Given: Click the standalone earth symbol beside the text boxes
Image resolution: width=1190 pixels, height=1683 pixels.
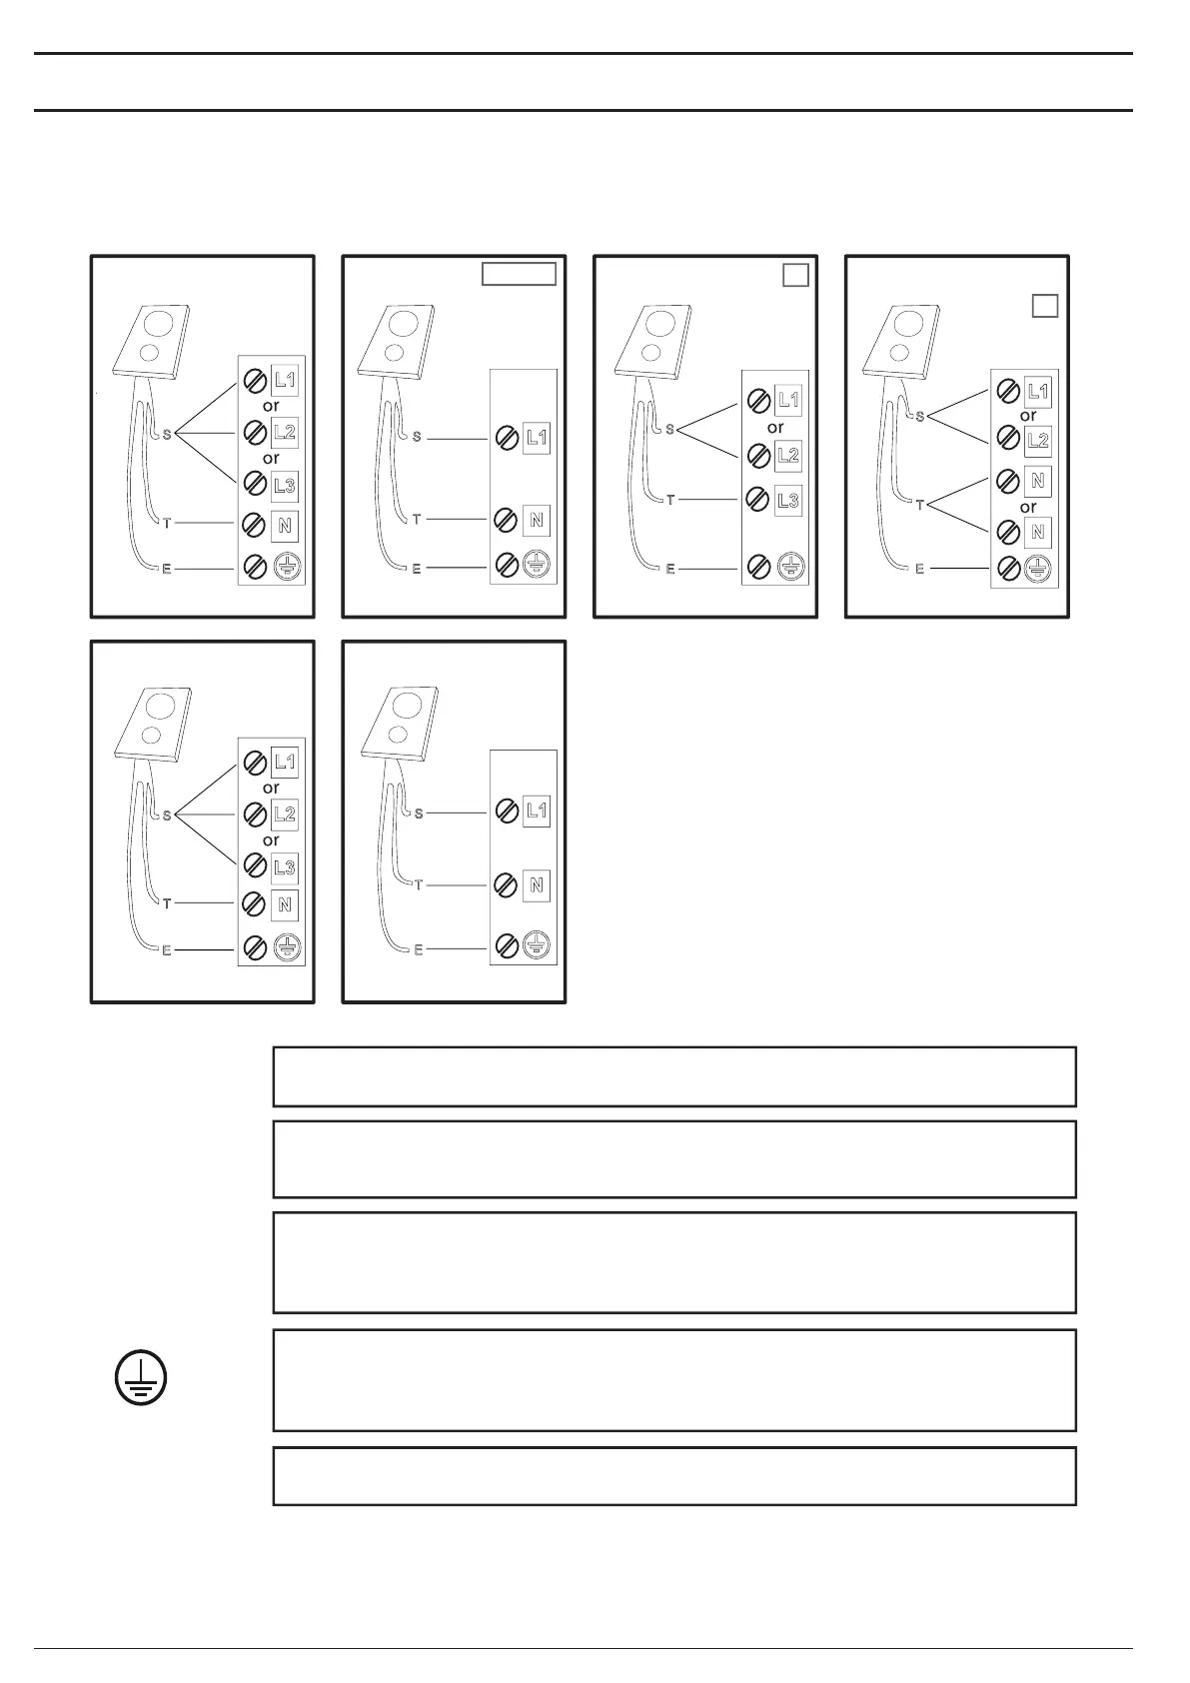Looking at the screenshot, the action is coord(140,1380).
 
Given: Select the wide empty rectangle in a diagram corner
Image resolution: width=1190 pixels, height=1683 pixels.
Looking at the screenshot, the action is coord(519,274).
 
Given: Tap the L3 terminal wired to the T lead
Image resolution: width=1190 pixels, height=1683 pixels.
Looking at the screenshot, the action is coord(788,500).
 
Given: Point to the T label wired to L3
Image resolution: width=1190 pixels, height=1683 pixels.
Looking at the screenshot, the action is coord(670,500).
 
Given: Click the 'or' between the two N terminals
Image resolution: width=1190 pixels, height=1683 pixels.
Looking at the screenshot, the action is coord(1028,507).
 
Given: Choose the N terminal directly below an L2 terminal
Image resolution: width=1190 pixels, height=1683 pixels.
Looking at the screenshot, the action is coord(1038,481).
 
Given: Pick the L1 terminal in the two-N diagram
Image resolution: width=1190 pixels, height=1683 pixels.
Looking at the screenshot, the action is coord(1038,392).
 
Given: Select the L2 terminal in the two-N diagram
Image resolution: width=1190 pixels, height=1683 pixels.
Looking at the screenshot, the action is coord(1038,440).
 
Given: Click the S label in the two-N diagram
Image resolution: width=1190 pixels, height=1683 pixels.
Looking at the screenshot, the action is coord(919,417).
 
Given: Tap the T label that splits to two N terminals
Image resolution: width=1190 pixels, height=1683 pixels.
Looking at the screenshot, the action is coord(919,506).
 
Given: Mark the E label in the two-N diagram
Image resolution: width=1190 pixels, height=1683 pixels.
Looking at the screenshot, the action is coord(919,569).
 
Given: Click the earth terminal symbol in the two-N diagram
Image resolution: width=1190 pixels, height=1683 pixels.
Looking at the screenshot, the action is coord(1038,569).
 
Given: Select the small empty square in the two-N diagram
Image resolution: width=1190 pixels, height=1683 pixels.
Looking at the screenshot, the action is coord(1044,306).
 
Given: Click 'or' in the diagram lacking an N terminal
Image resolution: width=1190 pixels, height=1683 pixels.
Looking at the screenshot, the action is coord(775,428).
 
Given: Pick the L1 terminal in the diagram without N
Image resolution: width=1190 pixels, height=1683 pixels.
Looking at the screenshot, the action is coord(788,401).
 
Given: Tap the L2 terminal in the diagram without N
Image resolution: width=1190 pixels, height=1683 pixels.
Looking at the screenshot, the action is coord(788,455).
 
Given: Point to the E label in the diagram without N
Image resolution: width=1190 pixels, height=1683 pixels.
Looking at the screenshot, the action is coord(670,569).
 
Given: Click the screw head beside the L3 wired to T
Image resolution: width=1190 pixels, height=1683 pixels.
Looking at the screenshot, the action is coord(758,500).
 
